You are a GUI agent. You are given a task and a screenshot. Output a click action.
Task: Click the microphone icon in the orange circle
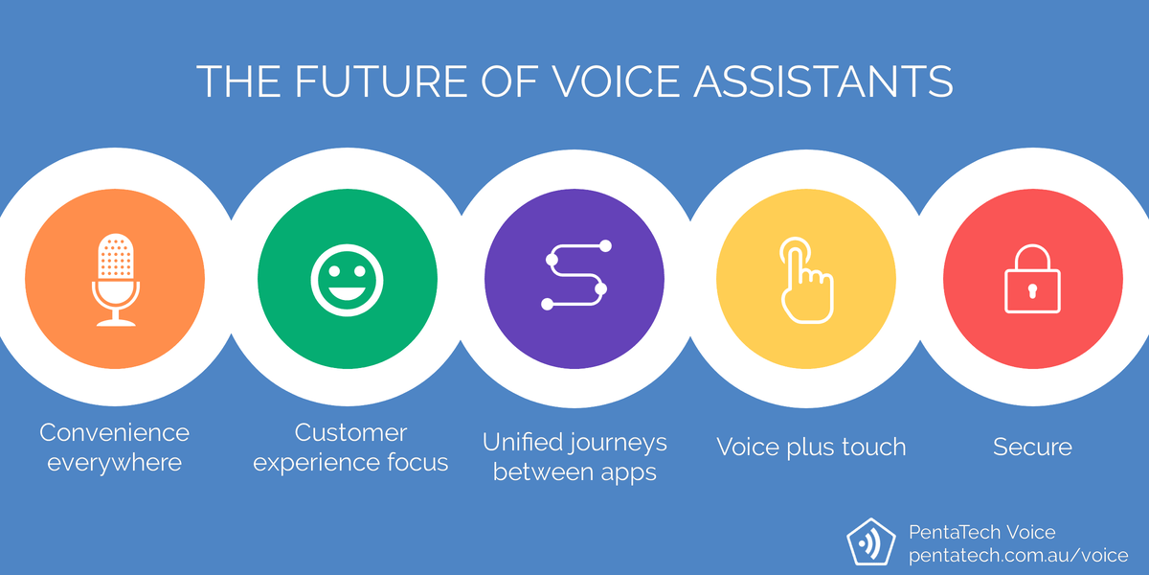click(116, 280)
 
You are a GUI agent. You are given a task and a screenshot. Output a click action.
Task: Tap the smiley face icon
click(347, 280)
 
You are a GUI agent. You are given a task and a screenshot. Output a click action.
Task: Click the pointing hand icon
click(806, 280)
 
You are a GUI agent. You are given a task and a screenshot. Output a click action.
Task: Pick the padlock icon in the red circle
click(1032, 279)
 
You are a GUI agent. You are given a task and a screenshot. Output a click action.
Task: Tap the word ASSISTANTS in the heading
click(823, 81)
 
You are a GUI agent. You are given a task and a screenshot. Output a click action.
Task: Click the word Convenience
click(114, 433)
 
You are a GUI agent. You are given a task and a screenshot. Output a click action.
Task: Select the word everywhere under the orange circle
click(114, 463)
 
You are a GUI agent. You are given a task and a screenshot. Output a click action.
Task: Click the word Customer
click(350, 433)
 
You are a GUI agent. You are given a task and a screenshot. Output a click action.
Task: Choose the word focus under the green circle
click(417, 463)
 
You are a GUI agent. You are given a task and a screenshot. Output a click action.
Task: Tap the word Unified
click(521, 442)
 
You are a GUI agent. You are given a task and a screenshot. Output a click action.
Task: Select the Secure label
click(1032, 447)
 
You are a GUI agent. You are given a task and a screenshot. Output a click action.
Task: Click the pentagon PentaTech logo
click(871, 542)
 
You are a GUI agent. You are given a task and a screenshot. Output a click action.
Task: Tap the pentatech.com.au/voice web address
click(1018, 556)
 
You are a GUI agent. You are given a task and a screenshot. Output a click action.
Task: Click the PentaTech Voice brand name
click(981, 533)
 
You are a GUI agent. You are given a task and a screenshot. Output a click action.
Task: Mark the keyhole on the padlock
click(1032, 290)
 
